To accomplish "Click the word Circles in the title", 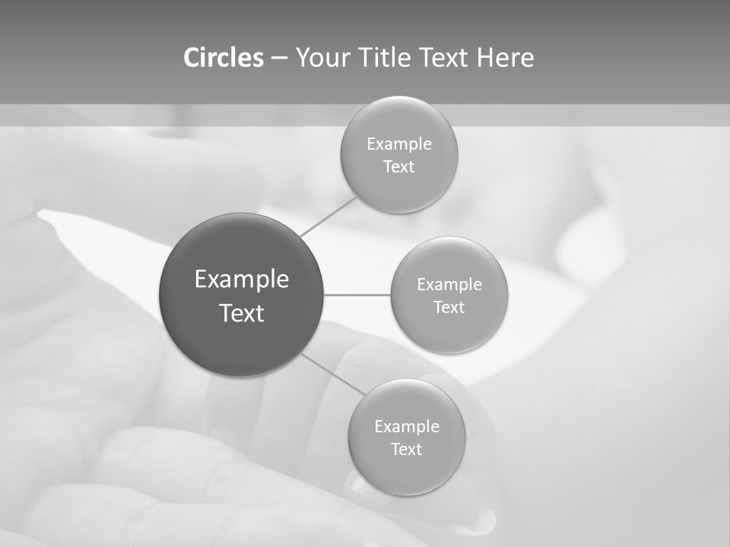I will tap(224, 58).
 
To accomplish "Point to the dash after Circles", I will tap(279, 58).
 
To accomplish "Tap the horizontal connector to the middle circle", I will tap(357, 295).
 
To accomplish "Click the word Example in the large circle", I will tap(242, 280).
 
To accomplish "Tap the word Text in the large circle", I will tap(242, 313).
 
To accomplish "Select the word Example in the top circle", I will tap(399, 144).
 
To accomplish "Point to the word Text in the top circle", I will tap(399, 167).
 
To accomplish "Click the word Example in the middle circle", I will tap(449, 285).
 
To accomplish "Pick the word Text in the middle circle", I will tap(449, 308).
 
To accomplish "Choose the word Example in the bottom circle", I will tap(407, 427).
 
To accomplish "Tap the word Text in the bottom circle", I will tap(407, 450).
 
